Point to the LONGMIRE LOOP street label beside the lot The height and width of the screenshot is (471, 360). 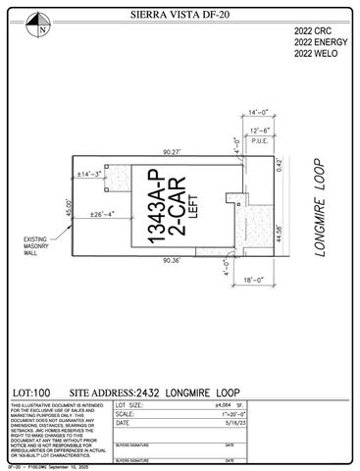323,210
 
